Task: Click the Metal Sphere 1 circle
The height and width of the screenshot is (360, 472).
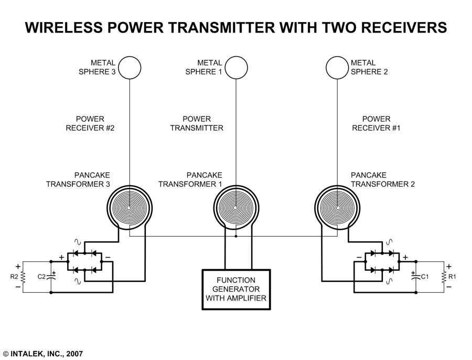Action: point(237,67)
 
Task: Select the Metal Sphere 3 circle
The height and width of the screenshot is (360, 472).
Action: point(130,67)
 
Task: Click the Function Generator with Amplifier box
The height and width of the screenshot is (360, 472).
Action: point(237,289)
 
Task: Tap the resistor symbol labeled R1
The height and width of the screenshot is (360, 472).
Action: point(444,277)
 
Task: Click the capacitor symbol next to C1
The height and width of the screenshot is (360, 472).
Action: point(416,277)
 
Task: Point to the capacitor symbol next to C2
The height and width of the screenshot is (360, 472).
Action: point(51,277)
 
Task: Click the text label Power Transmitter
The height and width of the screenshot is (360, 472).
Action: point(197,123)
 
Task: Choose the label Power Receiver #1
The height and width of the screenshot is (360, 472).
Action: point(376,123)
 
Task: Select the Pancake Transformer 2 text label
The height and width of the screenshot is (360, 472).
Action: point(383,179)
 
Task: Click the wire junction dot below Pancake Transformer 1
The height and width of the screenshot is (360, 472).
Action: point(236,236)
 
